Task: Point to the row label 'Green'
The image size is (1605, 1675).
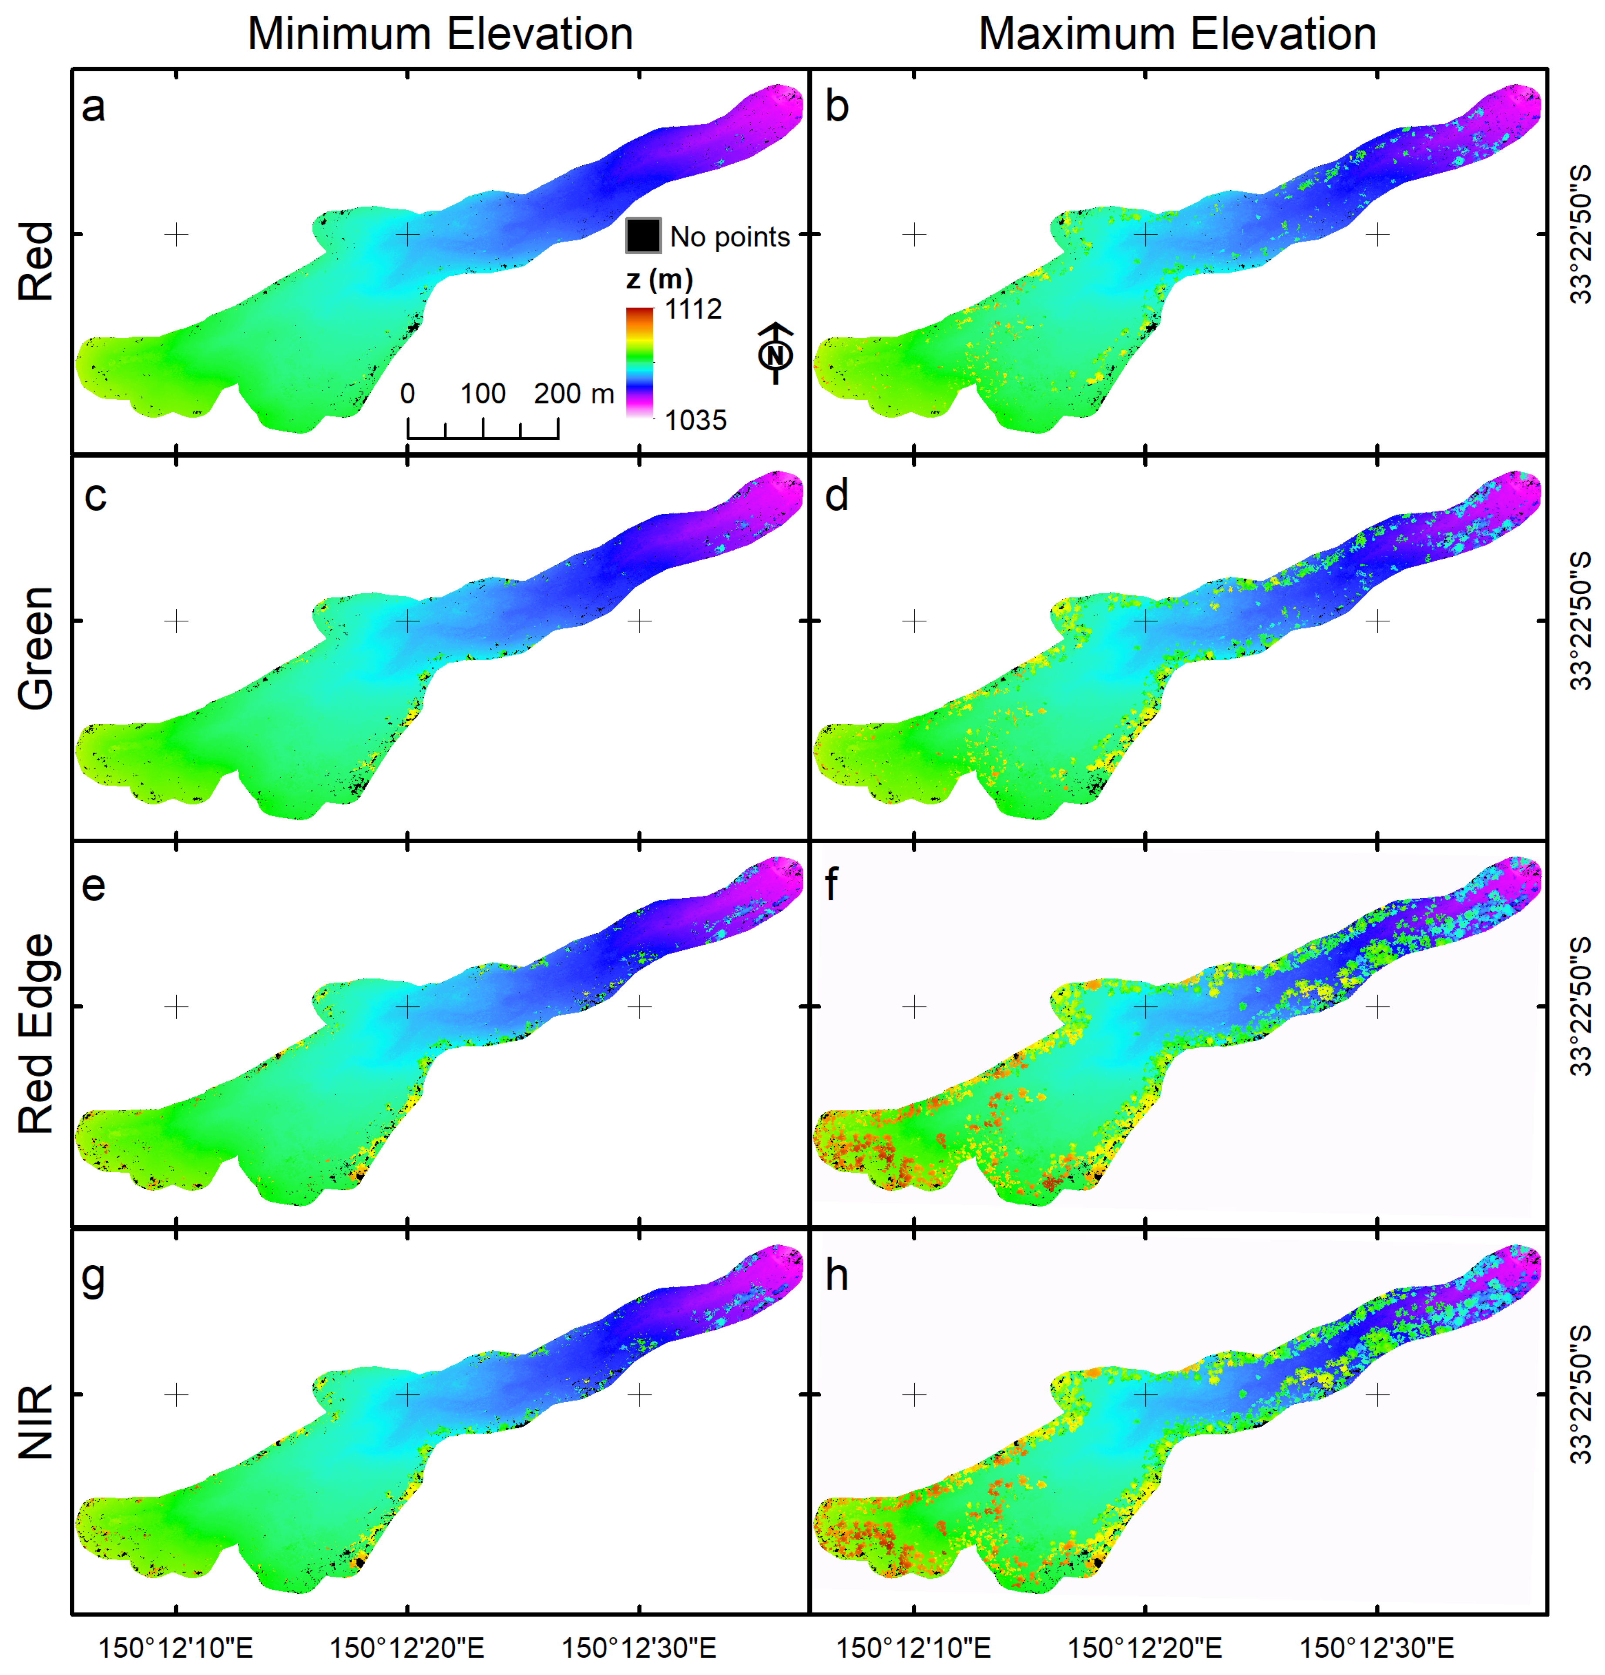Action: click(x=37, y=648)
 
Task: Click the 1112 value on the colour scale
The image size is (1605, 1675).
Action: click(x=693, y=309)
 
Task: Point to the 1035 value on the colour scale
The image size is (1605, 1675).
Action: click(x=695, y=420)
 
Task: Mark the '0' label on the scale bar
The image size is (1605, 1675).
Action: click(x=408, y=394)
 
